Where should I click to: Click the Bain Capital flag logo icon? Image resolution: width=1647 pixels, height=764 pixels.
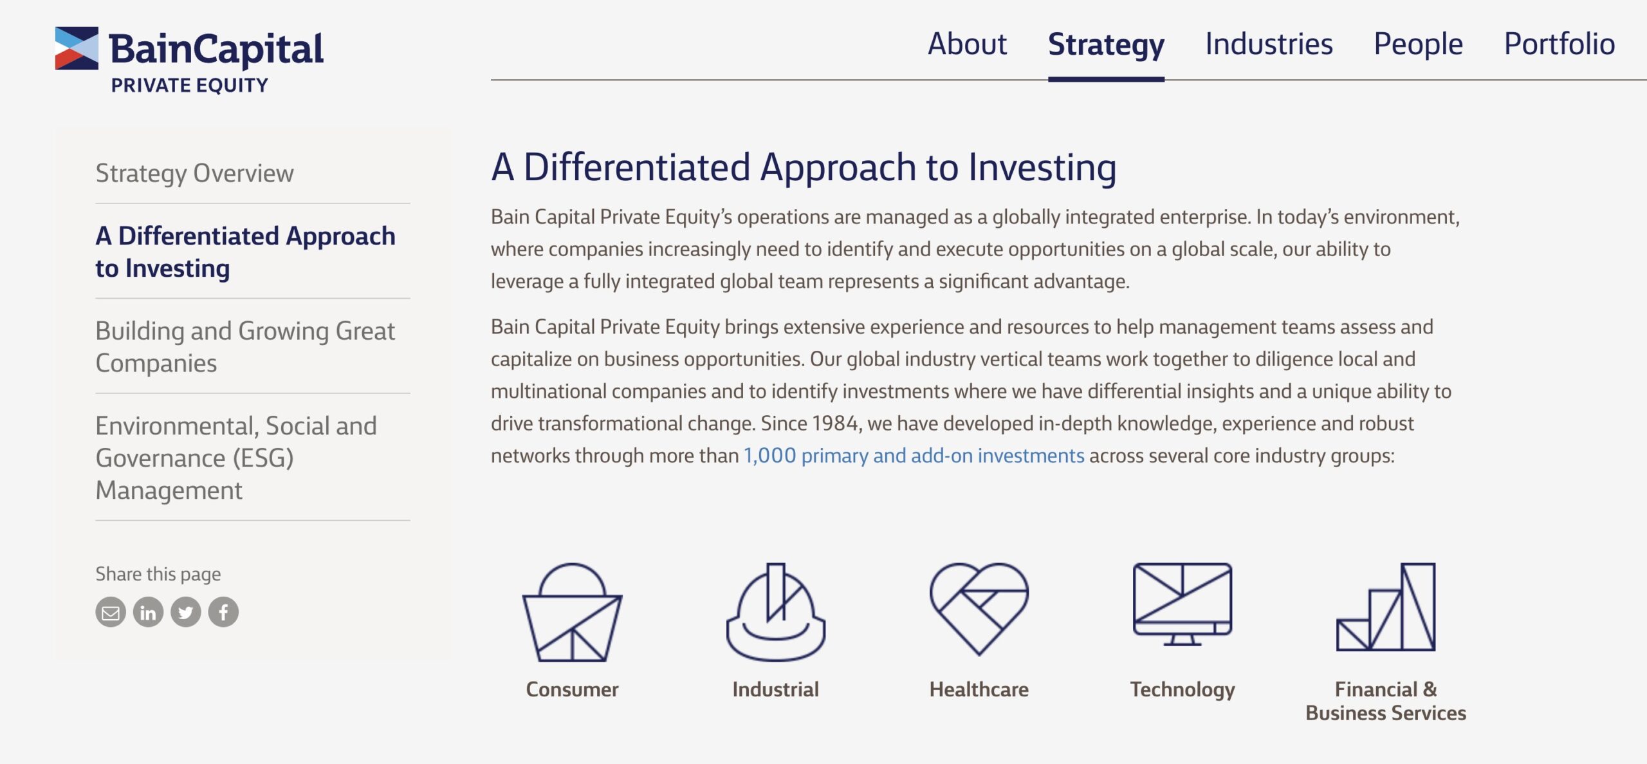[x=77, y=48]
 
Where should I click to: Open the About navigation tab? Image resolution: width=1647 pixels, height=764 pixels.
[x=967, y=44]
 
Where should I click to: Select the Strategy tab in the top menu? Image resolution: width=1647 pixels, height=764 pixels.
[x=1106, y=45]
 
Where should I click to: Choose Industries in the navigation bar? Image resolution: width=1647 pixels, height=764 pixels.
[x=1269, y=44]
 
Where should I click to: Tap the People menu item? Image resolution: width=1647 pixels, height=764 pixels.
[x=1418, y=45]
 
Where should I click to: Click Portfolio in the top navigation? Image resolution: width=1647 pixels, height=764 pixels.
[x=1560, y=44]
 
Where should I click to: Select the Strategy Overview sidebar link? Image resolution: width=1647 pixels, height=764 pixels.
[x=194, y=174]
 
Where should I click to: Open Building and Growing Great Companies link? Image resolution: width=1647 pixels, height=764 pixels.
[x=245, y=347]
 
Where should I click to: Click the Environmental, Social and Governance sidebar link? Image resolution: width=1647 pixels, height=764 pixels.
[x=236, y=458]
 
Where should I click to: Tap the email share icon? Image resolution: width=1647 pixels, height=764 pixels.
[x=111, y=612]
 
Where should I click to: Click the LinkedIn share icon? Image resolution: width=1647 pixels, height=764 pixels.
[x=148, y=612]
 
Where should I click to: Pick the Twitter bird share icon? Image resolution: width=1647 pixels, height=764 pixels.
[x=186, y=612]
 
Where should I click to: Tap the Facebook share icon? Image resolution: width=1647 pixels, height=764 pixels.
[x=223, y=612]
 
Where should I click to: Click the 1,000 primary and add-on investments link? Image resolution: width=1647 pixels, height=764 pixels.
[x=914, y=456]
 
